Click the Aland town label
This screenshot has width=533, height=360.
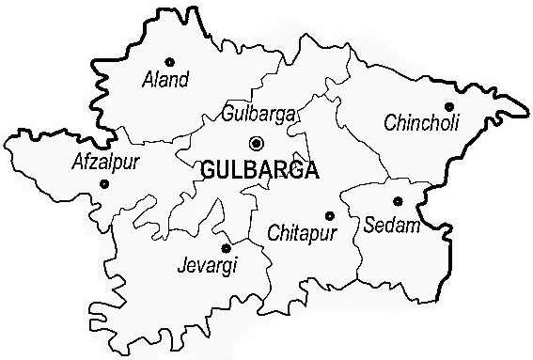pos(164,80)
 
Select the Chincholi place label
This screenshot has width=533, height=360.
pos(421,123)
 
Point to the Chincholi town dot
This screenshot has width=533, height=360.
pos(449,106)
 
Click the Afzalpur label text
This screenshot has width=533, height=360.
pos(105,163)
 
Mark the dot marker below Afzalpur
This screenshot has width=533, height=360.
pos(103,183)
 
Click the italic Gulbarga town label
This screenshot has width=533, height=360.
pos(258,115)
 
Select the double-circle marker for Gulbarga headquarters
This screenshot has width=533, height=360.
pos(257,143)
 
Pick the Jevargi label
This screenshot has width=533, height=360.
pos(207,266)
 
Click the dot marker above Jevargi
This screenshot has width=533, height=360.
pos(226,248)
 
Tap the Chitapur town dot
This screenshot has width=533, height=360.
pos(329,215)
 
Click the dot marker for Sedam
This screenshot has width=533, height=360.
pos(398,200)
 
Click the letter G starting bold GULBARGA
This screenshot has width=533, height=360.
pos(207,171)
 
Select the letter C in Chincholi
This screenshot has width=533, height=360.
pos(390,123)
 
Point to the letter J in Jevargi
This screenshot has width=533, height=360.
pos(181,265)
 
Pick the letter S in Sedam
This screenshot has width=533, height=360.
pos(368,225)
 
